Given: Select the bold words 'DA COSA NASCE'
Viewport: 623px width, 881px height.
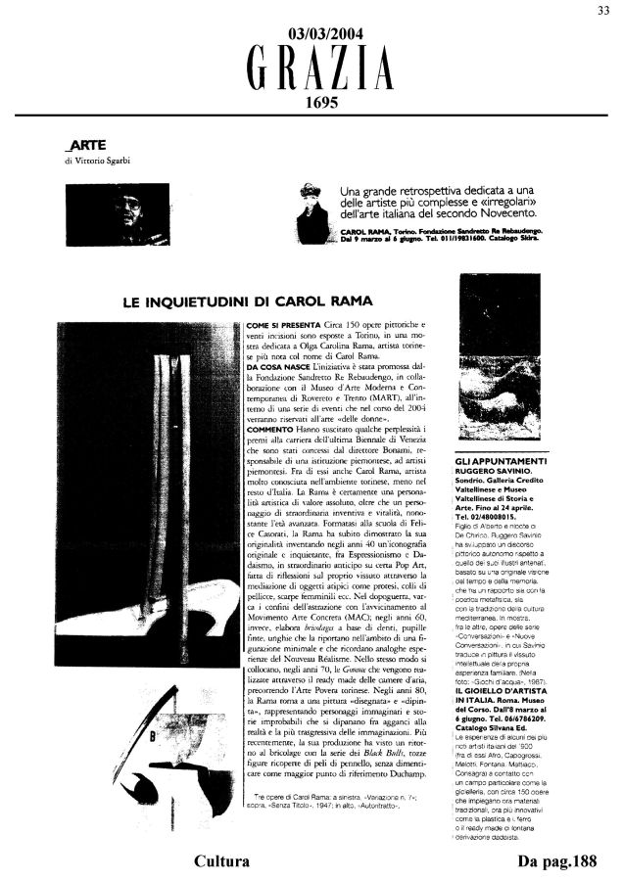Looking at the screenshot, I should point(278,364).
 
